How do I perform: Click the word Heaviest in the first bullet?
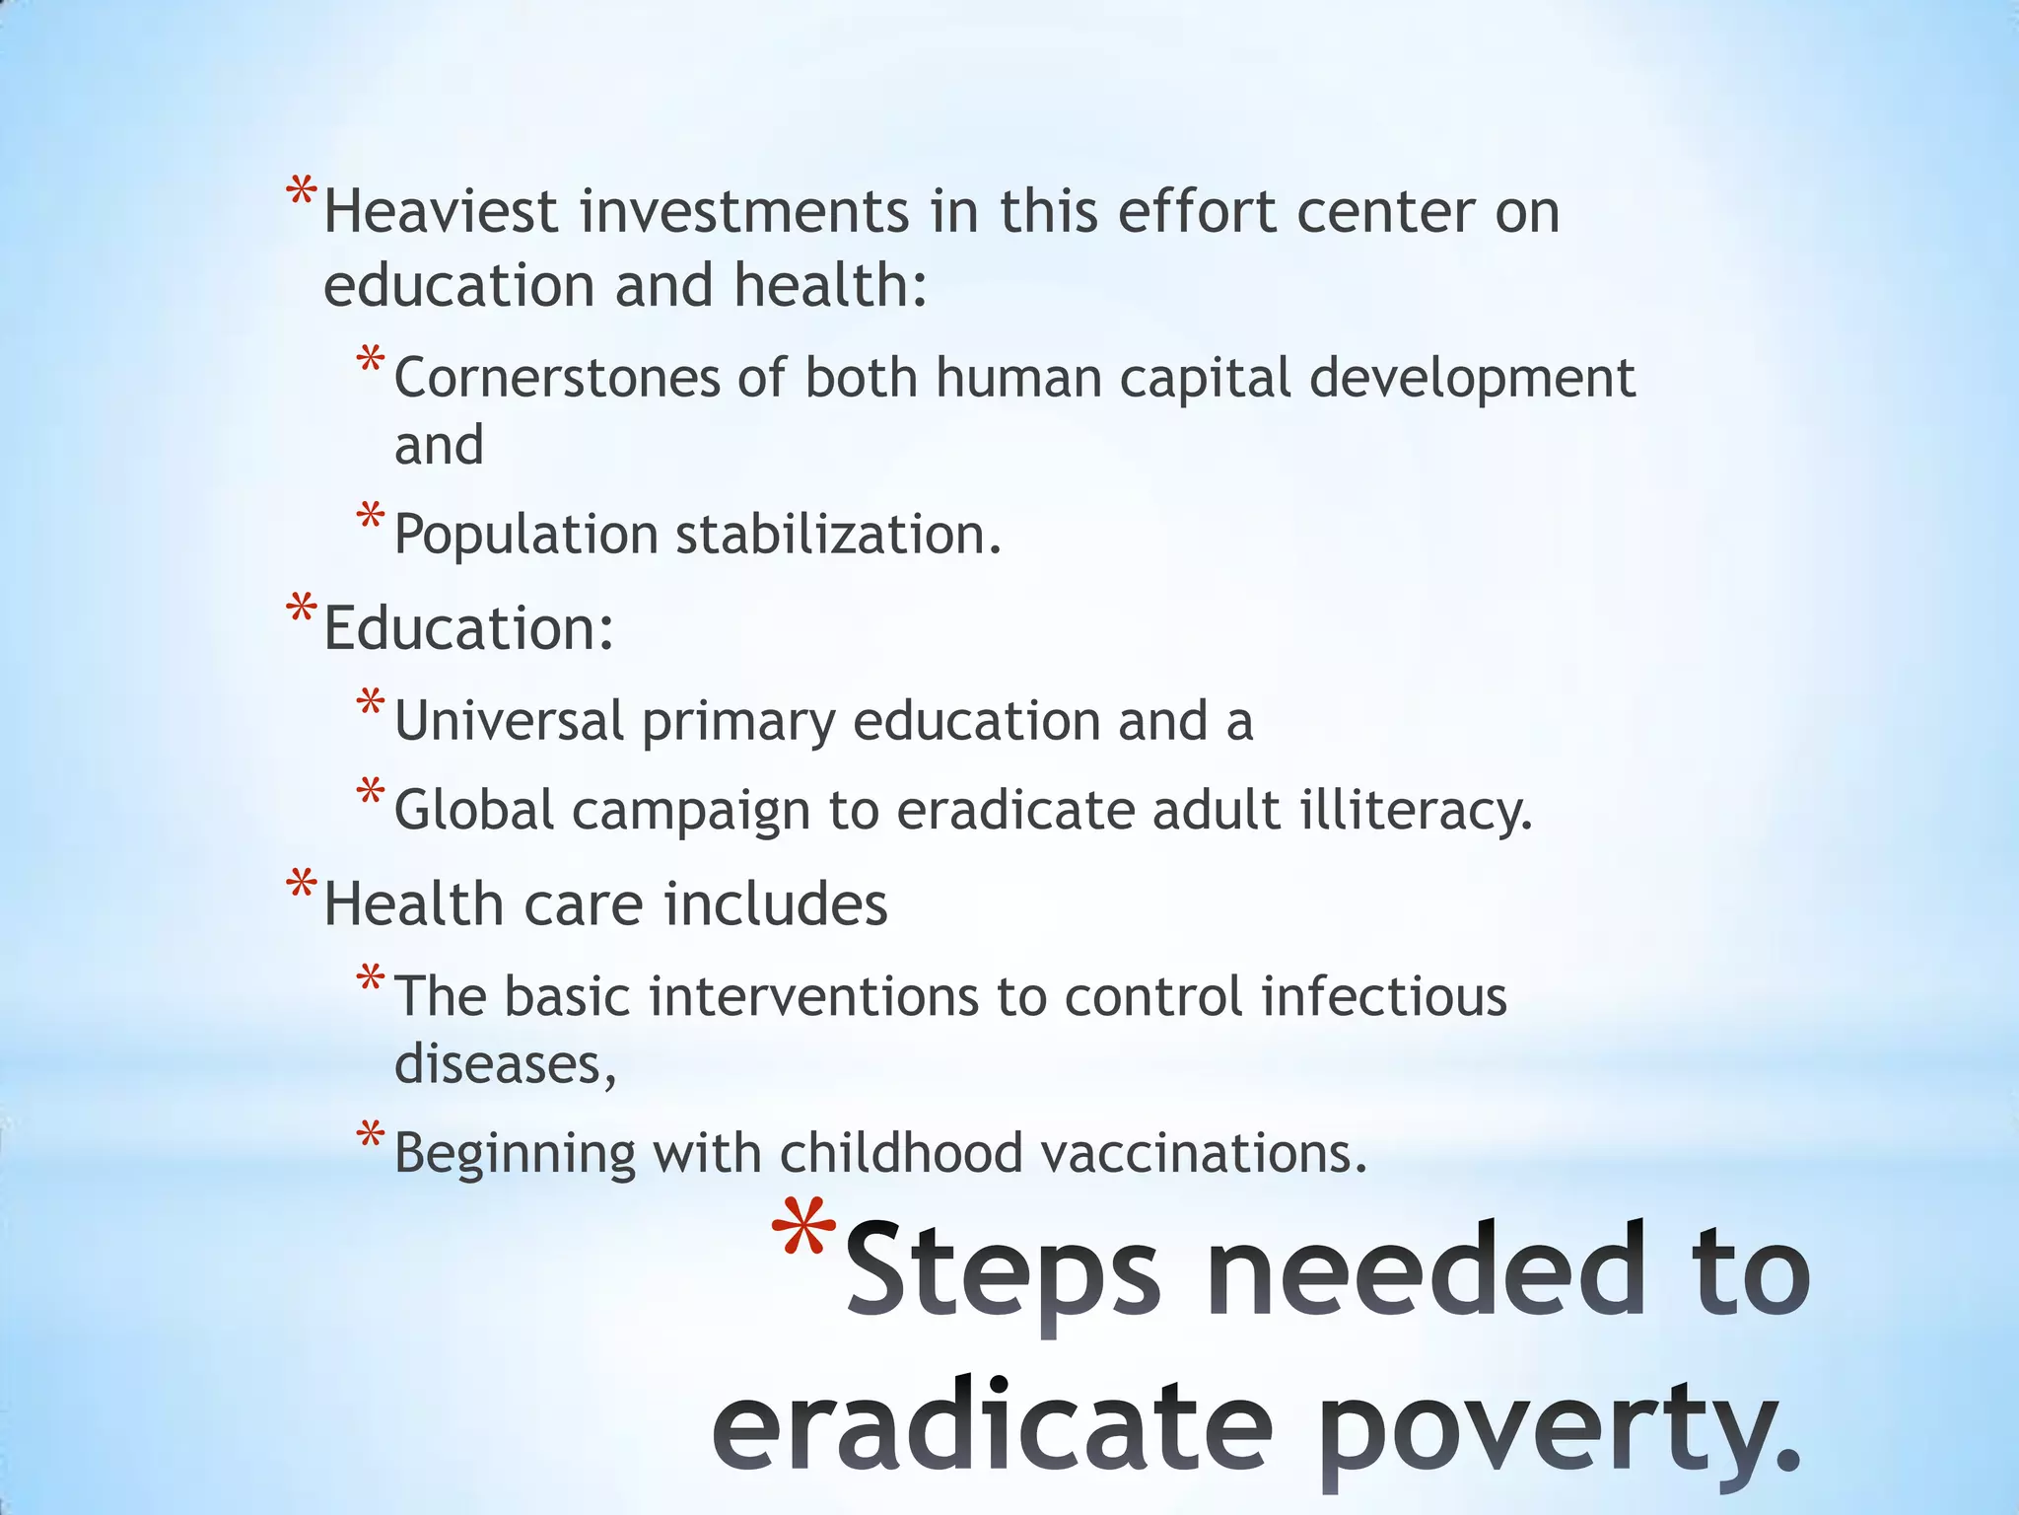tap(441, 212)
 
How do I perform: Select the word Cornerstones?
tap(557, 379)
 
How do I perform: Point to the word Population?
tap(525, 536)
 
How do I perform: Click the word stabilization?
tap(838, 536)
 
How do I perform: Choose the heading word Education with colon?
tap(468, 628)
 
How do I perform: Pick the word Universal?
tap(509, 721)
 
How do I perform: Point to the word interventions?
tap(813, 997)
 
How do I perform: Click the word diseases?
tap(505, 1064)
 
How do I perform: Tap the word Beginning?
tap(515, 1154)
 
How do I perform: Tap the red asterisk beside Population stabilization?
tap(371, 517)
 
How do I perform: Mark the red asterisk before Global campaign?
tap(371, 792)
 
